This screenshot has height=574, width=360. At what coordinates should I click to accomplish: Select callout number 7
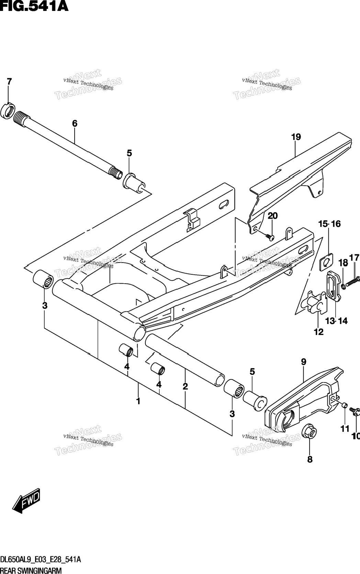click(9, 82)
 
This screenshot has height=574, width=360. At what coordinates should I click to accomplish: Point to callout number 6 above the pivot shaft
click(75, 124)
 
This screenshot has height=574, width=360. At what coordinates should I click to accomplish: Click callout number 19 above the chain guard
click(296, 137)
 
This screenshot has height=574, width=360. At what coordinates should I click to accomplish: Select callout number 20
click(272, 216)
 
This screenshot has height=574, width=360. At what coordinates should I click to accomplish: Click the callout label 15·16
click(329, 224)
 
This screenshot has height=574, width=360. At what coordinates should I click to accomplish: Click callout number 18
click(343, 263)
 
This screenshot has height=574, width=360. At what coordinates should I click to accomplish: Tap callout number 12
click(318, 332)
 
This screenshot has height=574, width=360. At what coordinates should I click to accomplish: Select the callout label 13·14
click(336, 321)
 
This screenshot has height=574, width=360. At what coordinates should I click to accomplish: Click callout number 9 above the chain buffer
click(303, 362)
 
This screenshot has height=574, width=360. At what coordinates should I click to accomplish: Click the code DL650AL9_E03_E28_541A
click(41, 559)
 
